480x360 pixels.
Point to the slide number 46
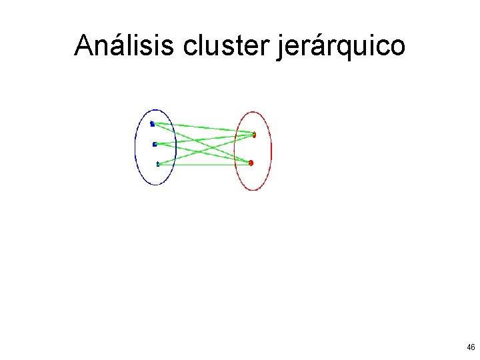coord(471,347)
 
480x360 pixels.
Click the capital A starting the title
coord(83,45)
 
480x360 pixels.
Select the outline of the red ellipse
coord(272,150)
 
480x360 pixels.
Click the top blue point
coord(152,123)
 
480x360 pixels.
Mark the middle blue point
coord(155,144)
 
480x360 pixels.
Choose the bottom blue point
coord(158,163)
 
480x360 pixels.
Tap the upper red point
coord(254,135)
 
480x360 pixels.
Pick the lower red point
coord(251,163)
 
